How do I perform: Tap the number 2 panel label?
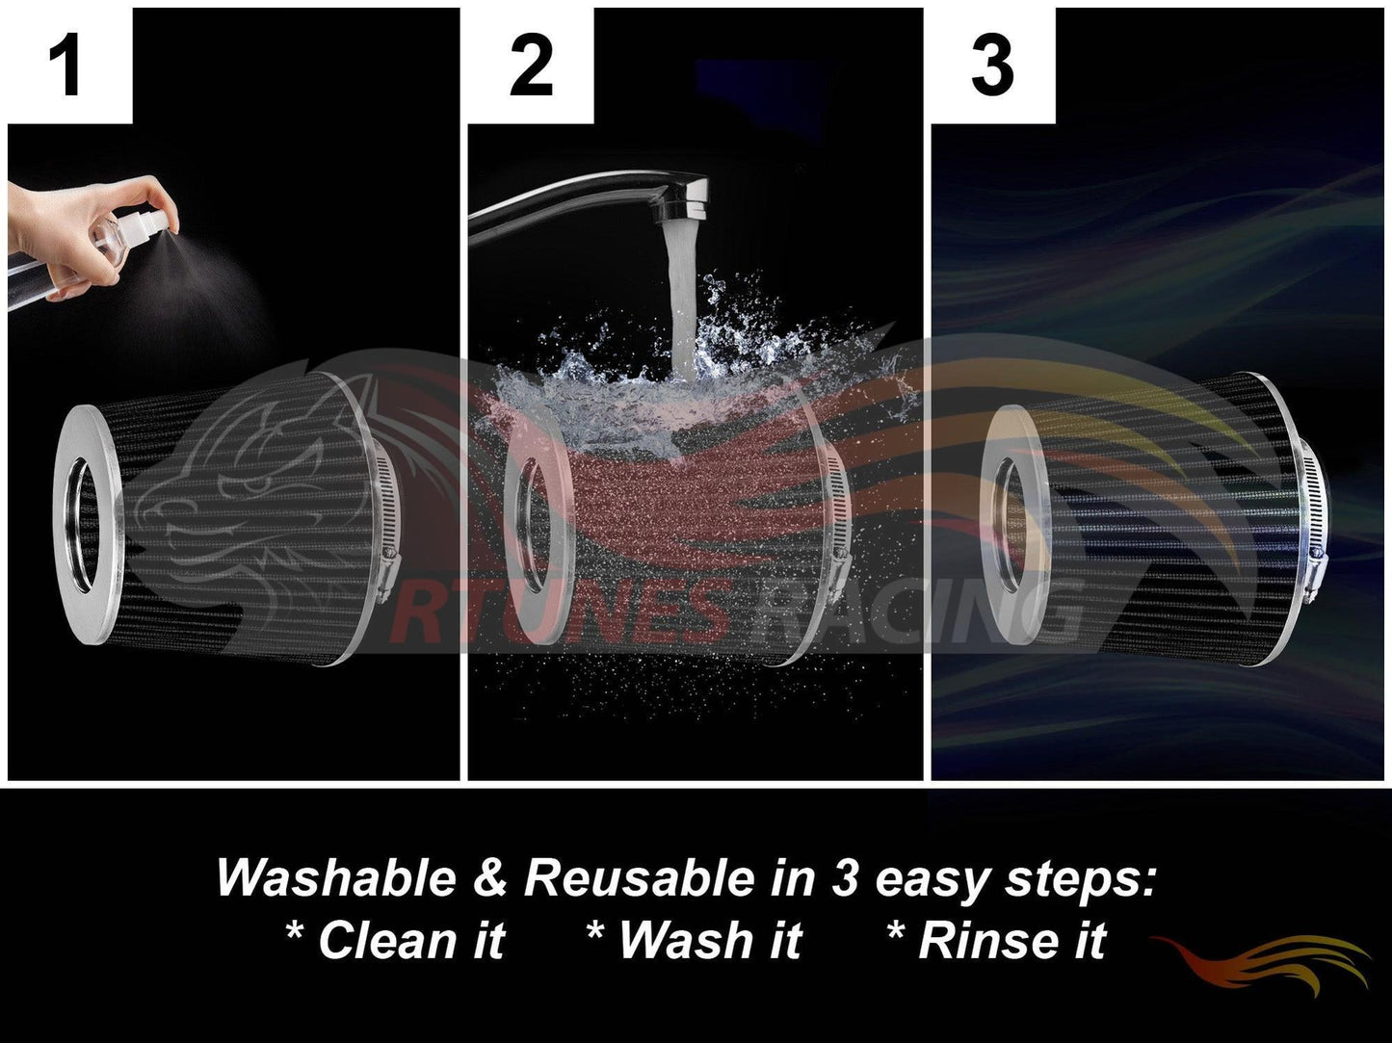531,65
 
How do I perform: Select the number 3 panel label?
992,65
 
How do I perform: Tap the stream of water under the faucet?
684,298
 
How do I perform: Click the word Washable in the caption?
336,878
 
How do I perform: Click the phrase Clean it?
396,940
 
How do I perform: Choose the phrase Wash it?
696,940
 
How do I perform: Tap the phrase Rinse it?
997,940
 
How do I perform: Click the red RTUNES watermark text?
558,612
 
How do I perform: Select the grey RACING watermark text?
913,612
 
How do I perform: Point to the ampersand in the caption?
490,878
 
